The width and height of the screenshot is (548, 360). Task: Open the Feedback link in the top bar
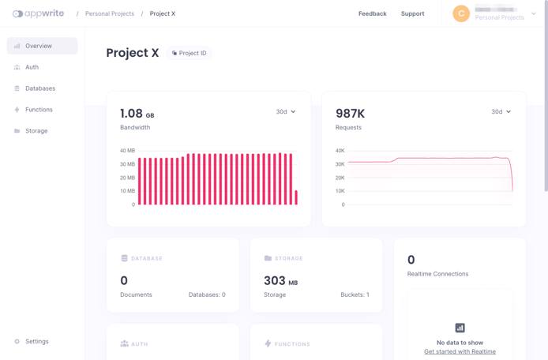[372, 13]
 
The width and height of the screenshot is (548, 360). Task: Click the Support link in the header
[412, 13]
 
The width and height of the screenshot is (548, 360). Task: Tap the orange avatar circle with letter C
[460, 13]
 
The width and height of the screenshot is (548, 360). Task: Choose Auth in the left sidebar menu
[32, 67]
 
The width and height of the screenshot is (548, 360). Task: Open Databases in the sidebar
[39, 88]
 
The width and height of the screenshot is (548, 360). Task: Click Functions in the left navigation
[39, 110]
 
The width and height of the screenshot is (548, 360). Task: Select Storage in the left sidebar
[36, 131]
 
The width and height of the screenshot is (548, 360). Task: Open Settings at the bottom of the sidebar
[36, 341]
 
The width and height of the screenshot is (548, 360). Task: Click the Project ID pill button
[190, 53]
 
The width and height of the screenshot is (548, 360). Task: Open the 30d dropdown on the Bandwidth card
[286, 112]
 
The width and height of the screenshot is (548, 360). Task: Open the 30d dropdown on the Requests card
[501, 112]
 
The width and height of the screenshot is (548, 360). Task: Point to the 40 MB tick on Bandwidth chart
[127, 151]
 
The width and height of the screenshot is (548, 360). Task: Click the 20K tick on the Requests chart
[340, 178]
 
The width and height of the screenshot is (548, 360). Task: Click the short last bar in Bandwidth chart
[296, 197]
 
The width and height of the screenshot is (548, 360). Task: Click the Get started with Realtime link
[460, 351]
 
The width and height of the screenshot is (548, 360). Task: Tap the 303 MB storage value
[280, 280]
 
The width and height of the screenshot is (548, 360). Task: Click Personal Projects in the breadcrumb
[109, 13]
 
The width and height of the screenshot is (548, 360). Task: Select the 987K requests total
[350, 114]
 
